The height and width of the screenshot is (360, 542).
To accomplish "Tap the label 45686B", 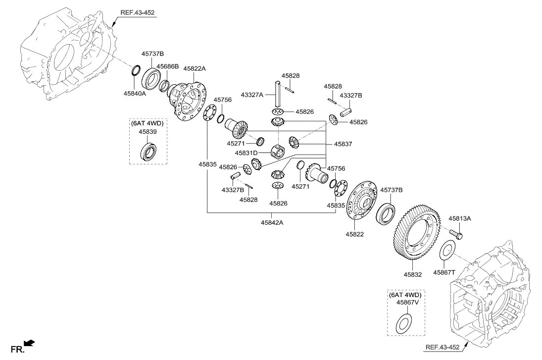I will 168,65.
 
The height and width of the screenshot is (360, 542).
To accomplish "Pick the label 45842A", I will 272,223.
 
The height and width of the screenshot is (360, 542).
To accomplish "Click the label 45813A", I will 460,218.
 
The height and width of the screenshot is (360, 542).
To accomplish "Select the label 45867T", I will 444,272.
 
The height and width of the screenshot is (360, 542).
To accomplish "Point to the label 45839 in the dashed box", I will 148,132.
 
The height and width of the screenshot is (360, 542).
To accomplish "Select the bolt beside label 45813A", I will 456,233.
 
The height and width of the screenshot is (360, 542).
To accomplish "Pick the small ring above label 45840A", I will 135,71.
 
